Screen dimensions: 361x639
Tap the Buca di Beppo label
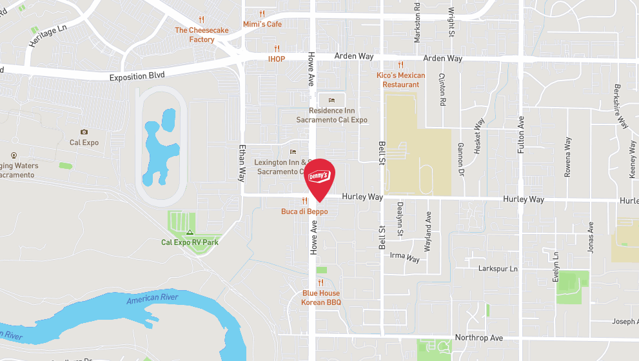[304, 211]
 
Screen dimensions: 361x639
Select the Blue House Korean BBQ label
[320, 297]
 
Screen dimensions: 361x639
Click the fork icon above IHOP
[277, 48]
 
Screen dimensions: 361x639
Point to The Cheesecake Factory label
[201, 35]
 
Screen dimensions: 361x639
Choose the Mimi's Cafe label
[262, 24]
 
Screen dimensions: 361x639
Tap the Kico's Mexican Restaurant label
[400, 80]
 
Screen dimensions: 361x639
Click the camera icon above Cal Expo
[84, 132]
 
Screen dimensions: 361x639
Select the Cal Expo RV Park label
[190, 242]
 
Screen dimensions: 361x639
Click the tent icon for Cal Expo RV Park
[190, 232]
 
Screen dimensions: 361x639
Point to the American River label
[152, 299]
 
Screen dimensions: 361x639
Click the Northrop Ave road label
[478, 338]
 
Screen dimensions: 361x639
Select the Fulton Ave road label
[521, 135]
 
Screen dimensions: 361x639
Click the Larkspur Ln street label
[498, 268]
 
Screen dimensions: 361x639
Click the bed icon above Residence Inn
[331, 101]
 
